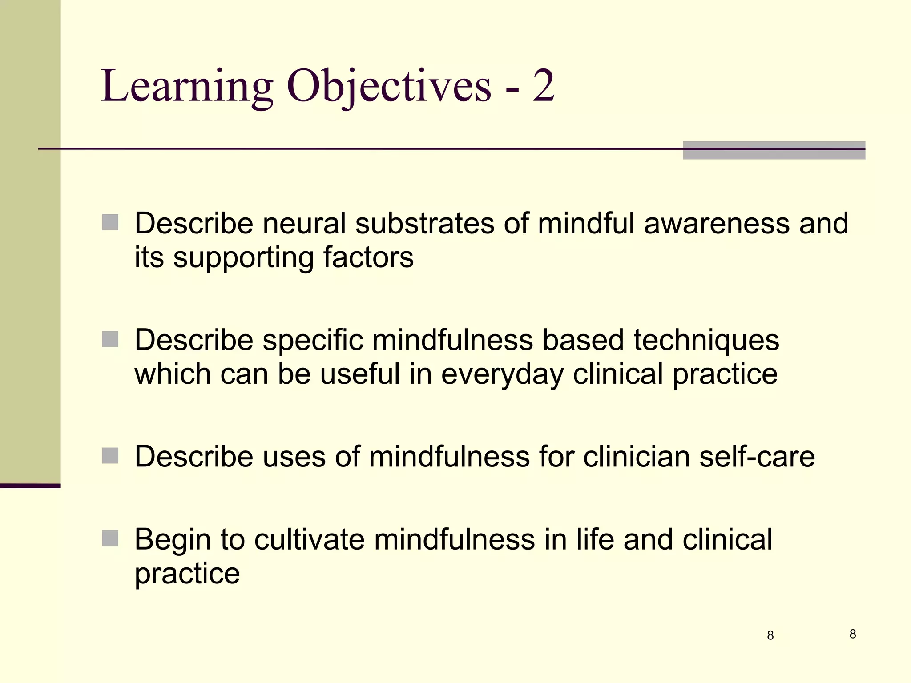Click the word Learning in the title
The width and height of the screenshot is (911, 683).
pos(187,87)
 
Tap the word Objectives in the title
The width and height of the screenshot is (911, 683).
pos(389,87)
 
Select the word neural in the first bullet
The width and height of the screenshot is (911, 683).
pos(304,223)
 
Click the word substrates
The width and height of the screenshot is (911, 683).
pos(424,223)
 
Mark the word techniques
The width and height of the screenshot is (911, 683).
pos(706,340)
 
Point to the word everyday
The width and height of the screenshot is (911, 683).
pos(502,374)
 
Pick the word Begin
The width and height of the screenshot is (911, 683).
pos(173,540)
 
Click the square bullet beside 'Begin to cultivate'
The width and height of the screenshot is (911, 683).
pos(110,538)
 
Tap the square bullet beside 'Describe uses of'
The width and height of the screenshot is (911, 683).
pos(110,456)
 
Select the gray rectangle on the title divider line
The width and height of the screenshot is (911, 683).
pos(774,150)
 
